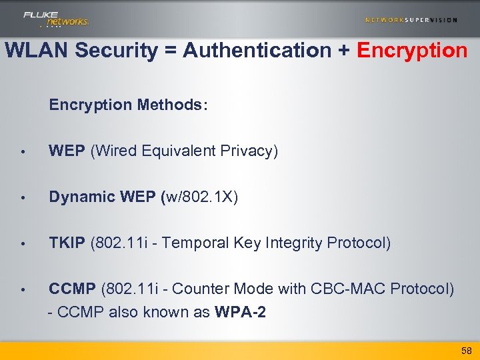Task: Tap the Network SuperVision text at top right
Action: (x=411, y=20)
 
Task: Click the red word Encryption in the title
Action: (x=413, y=51)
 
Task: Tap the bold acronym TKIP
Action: (x=67, y=243)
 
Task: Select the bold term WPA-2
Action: (x=241, y=312)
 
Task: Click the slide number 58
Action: (x=466, y=351)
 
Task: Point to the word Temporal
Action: (x=197, y=243)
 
